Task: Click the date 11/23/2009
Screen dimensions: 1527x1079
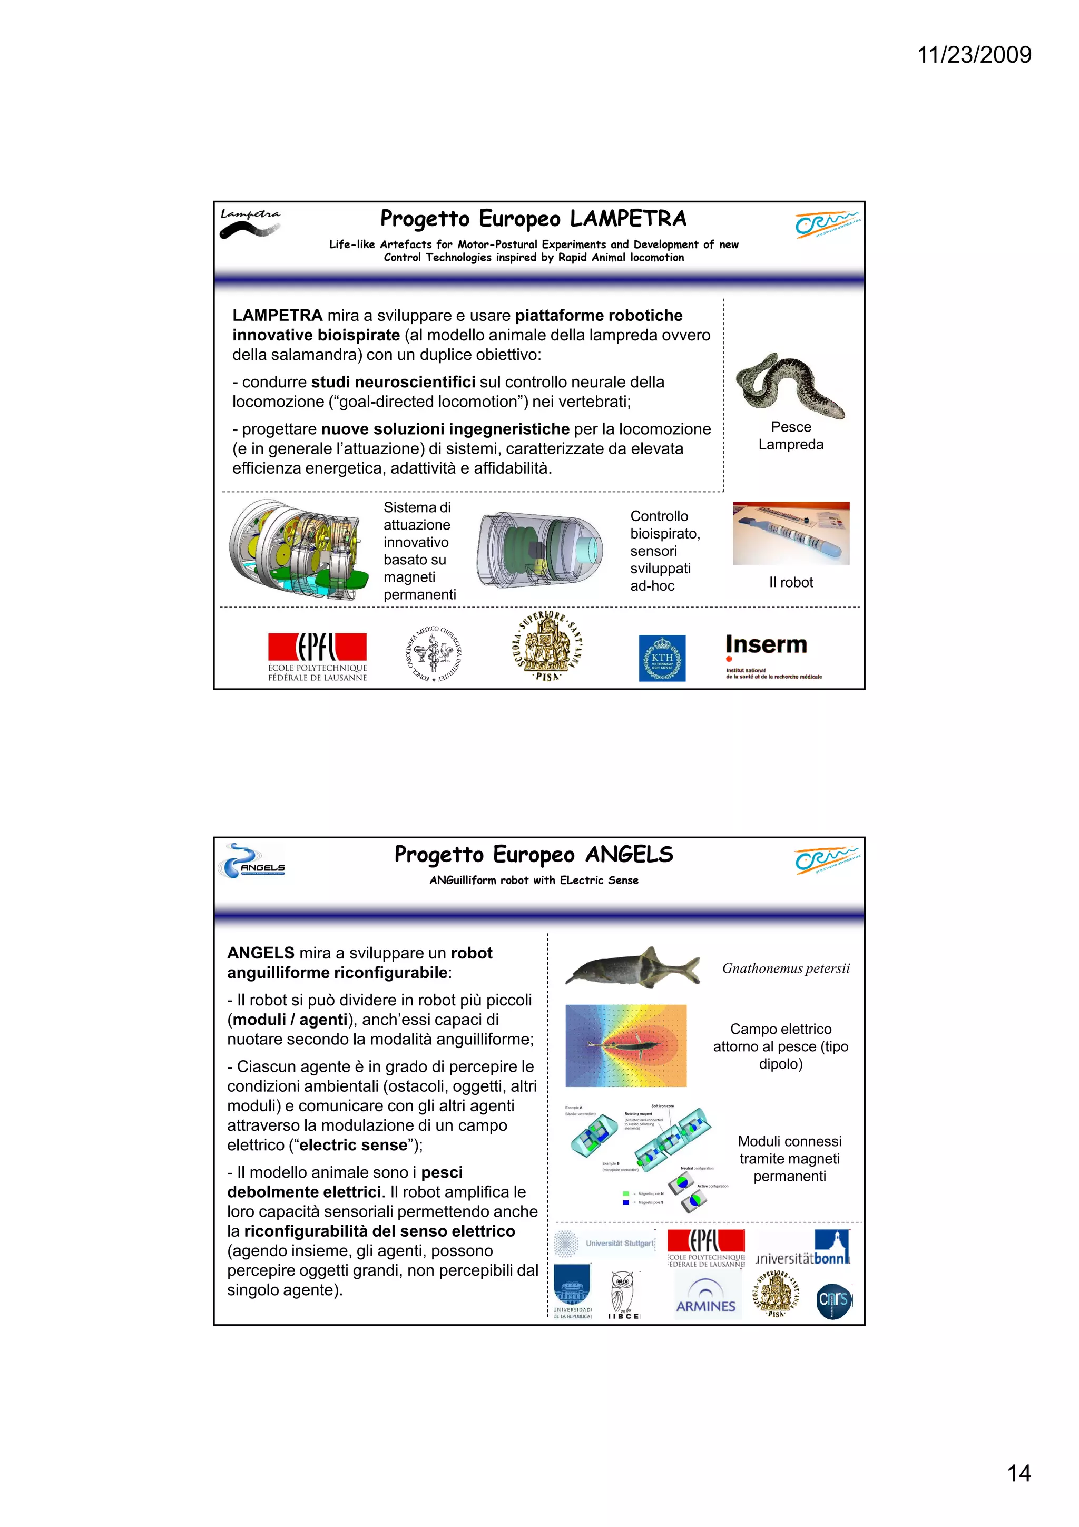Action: [x=974, y=55]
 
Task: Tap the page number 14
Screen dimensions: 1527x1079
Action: [x=1018, y=1473]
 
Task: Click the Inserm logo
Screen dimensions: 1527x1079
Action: [x=772, y=655]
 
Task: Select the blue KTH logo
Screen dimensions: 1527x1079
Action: [x=662, y=658]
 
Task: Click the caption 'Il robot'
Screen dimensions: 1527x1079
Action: [x=790, y=583]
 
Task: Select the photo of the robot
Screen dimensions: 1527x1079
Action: [x=790, y=533]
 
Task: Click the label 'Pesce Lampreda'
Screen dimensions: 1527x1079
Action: [x=790, y=436]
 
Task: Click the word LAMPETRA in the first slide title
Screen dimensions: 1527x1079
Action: [x=627, y=219]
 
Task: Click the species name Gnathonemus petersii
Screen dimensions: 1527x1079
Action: [x=786, y=968]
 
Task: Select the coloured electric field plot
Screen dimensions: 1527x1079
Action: [x=625, y=1045]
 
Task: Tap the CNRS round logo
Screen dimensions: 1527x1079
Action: [x=833, y=1300]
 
